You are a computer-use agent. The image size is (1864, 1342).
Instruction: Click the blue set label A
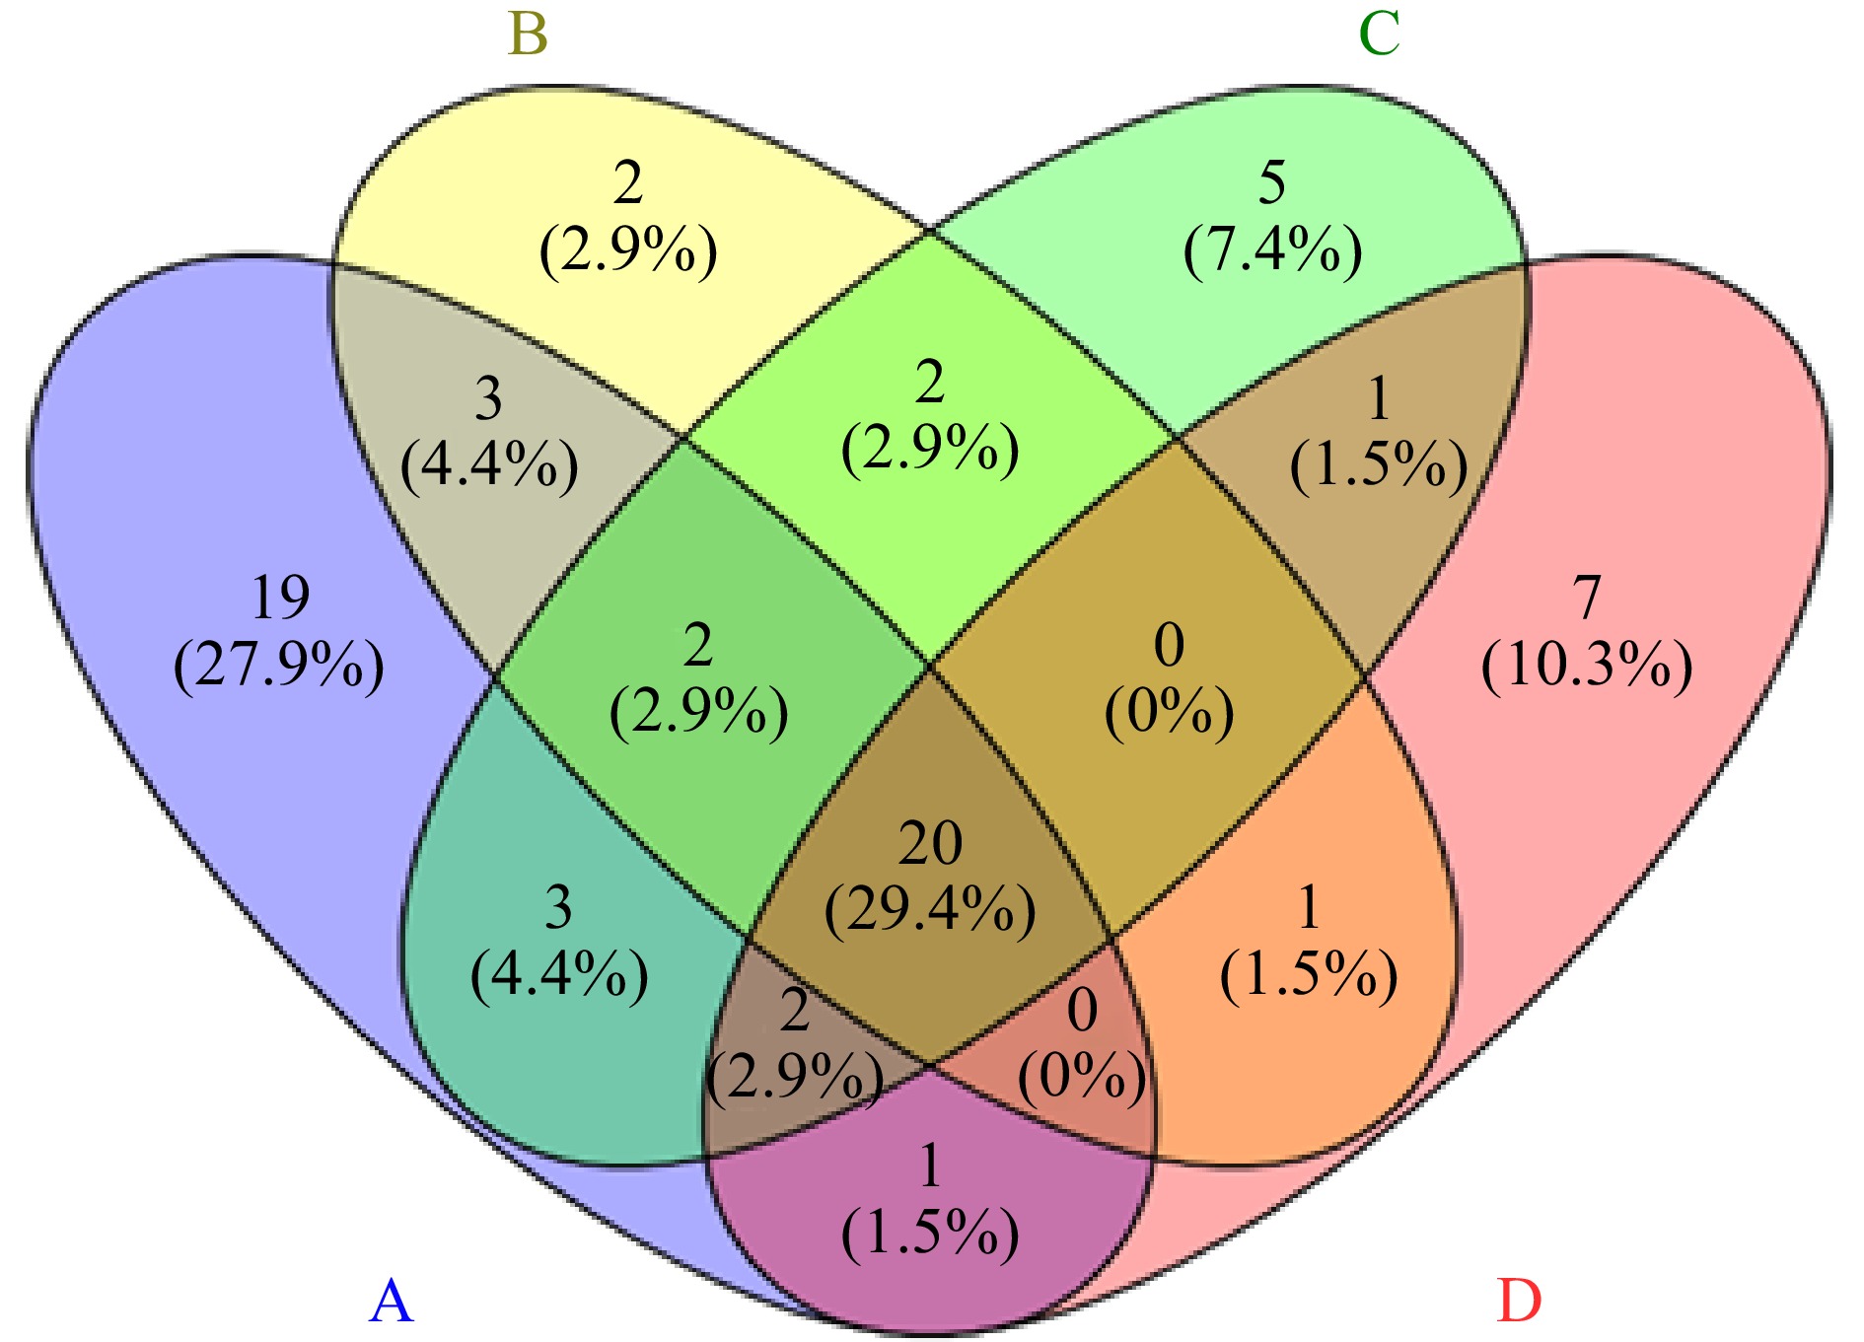tap(391, 1302)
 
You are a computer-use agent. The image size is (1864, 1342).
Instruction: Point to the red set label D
tap(1519, 1302)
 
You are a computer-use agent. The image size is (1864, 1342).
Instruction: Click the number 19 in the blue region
tap(280, 598)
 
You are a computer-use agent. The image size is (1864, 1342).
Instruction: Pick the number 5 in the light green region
tap(1272, 182)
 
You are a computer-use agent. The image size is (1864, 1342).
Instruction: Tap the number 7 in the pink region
tap(1586, 598)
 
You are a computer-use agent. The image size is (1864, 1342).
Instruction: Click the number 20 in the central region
tap(930, 844)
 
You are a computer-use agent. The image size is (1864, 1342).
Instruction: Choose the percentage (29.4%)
tap(930, 910)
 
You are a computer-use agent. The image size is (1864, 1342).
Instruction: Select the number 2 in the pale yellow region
tap(628, 182)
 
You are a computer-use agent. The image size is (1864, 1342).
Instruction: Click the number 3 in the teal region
tap(559, 908)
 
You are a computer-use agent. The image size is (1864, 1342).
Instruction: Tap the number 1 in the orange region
tap(1309, 908)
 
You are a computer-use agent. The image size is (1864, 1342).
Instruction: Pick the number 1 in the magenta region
tap(930, 1166)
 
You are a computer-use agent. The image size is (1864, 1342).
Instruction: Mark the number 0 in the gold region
tap(1169, 646)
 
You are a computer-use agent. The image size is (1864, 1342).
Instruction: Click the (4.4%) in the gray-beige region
tap(489, 465)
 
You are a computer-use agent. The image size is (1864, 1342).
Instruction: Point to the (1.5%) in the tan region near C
tap(1379, 465)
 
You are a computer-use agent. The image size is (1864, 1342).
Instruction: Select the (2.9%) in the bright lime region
tap(930, 450)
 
